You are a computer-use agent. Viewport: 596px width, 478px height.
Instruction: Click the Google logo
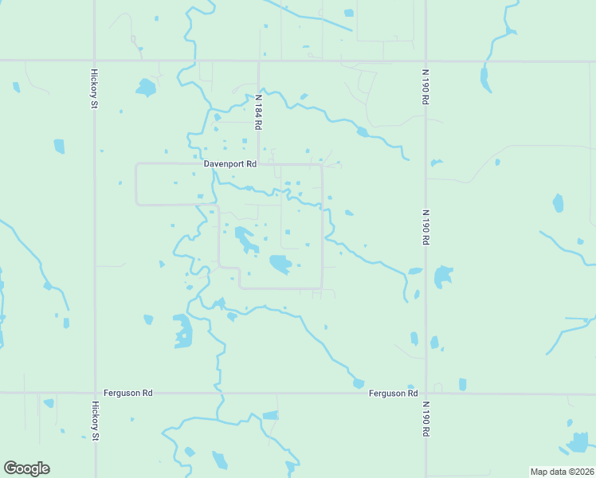coord(26,468)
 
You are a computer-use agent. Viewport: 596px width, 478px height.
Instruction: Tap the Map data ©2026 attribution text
coord(561,472)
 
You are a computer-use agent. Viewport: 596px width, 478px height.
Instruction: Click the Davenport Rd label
coord(230,164)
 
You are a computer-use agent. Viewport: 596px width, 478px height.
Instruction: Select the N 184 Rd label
coord(258,112)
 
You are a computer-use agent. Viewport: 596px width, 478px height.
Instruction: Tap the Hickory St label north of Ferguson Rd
coord(94,88)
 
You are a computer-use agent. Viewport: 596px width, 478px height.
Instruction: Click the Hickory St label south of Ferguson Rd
coord(94,420)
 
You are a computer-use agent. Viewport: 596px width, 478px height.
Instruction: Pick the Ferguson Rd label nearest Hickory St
coord(127,393)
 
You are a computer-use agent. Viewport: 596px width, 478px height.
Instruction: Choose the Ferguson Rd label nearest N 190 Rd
coord(394,393)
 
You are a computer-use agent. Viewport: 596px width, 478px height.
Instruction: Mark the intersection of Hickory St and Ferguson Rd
coord(95,393)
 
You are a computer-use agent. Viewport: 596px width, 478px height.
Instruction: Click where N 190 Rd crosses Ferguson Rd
coord(425,393)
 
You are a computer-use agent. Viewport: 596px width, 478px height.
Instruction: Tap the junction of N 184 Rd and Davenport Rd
coord(258,164)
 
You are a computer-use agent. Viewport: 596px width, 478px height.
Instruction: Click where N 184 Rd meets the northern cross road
coord(258,61)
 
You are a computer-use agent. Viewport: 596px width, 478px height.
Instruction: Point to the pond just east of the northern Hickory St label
coord(146,87)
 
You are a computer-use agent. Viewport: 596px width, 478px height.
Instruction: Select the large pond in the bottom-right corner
coord(579,441)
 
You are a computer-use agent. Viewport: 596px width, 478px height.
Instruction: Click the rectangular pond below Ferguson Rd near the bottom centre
coord(271,415)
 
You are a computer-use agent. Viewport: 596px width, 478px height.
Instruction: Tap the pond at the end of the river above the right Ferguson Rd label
coord(359,383)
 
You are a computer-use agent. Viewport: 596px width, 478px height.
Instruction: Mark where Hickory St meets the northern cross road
coord(95,61)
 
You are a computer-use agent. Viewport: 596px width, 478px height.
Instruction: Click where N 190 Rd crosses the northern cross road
coord(425,61)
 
